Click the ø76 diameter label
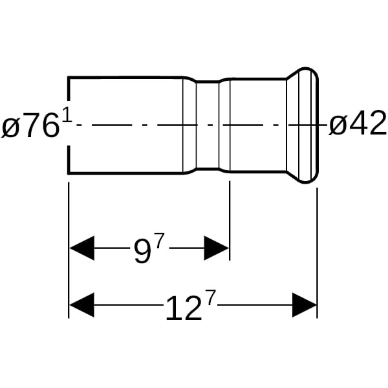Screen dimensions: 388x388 pyautogui.click(x=31, y=125)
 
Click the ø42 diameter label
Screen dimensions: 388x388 pyautogui.click(x=358, y=123)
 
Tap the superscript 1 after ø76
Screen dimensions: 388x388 pyautogui.click(x=67, y=115)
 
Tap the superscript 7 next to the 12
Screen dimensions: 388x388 pyautogui.click(x=210, y=298)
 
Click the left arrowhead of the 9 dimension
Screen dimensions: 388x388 pyautogui.click(x=81, y=248)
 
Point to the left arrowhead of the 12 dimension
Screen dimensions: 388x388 pyautogui.click(x=81, y=305)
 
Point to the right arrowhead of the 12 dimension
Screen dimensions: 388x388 pyautogui.click(x=305, y=305)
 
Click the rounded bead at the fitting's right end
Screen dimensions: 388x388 pyautogui.click(x=308, y=125)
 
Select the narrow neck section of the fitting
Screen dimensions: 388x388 pyautogui.click(x=208, y=125)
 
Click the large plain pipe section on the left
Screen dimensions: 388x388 pyautogui.click(x=125, y=125)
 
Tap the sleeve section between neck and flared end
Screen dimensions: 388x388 pyautogui.click(x=258, y=125)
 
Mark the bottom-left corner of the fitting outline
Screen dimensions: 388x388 pyautogui.click(x=69, y=173)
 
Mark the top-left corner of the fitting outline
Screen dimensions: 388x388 pyautogui.click(x=69, y=78)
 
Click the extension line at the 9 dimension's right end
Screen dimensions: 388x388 pyautogui.click(x=230, y=221)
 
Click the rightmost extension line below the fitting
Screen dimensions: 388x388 pyautogui.click(x=318, y=253)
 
